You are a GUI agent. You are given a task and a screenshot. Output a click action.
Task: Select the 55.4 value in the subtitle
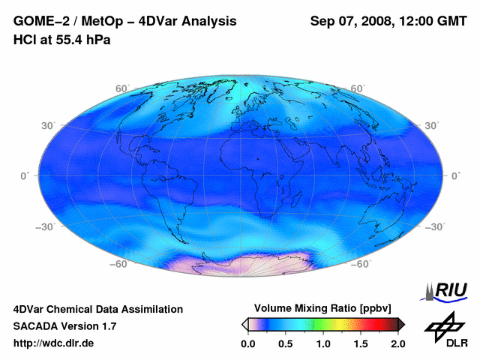69,40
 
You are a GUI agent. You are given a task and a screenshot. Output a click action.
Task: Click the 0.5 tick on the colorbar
285,344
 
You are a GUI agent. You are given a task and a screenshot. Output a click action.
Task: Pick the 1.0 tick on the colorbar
322,344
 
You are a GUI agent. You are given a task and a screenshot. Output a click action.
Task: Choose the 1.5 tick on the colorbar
361,344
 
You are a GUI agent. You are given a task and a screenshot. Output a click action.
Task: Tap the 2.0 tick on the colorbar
397,344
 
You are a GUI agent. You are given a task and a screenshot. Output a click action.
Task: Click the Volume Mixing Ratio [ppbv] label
322,309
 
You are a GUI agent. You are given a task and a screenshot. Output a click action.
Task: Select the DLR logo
444,330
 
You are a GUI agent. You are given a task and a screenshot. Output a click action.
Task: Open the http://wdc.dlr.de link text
54,344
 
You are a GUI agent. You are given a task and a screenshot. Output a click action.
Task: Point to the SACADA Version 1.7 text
64,327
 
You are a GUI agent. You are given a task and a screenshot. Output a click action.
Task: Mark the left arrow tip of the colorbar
243,324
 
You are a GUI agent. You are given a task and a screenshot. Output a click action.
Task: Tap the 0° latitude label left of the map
24,175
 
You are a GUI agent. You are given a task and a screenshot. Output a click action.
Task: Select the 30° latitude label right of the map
432,125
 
